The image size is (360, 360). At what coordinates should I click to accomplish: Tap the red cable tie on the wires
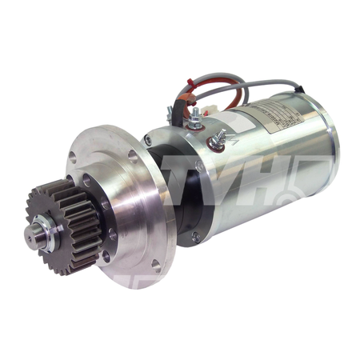click(x=190, y=83)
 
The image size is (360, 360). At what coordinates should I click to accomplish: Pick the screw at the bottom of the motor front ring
click(x=194, y=237)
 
